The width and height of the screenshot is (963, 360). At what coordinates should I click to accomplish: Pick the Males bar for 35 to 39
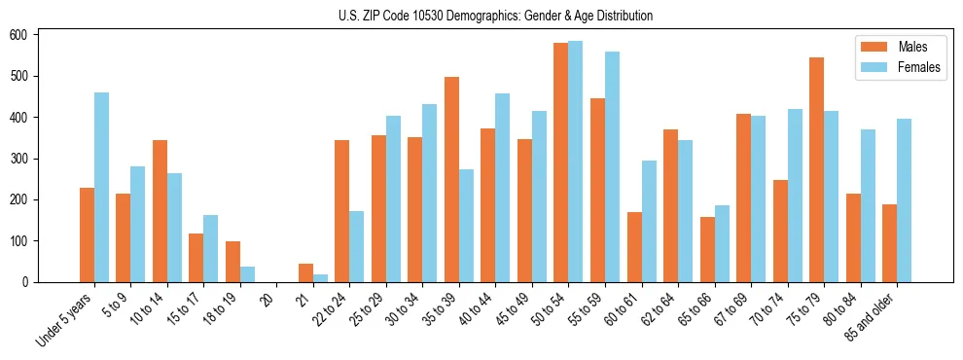[x=451, y=179]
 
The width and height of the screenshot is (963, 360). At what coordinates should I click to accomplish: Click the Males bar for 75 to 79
[x=816, y=169]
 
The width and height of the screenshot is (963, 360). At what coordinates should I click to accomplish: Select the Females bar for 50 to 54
[x=575, y=162]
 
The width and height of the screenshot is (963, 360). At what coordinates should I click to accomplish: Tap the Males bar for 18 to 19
[x=232, y=262]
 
